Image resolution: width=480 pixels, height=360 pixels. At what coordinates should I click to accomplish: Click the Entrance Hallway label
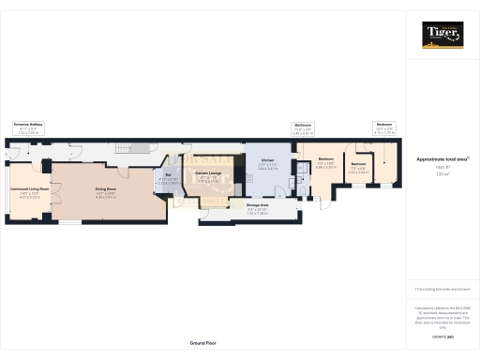click(28, 124)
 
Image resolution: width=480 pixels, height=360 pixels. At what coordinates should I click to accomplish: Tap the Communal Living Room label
click(30, 189)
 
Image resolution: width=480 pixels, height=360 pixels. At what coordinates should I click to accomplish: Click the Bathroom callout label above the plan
click(303, 125)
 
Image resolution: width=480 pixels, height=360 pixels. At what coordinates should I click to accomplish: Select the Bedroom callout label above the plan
click(384, 125)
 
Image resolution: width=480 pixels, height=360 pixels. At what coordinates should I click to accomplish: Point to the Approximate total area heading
click(441, 159)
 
